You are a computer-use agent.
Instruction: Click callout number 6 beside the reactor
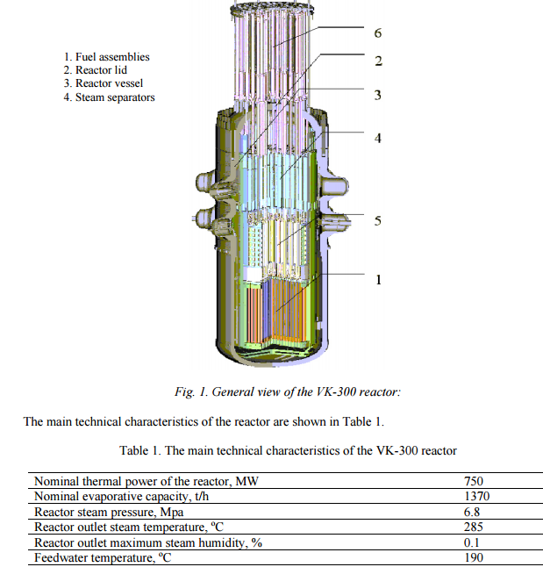pyautogui.click(x=378, y=33)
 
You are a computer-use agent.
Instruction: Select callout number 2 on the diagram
pyautogui.click(x=378, y=61)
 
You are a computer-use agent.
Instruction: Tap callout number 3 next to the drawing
pyautogui.click(x=377, y=95)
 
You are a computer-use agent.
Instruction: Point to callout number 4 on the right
pyautogui.click(x=378, y=138)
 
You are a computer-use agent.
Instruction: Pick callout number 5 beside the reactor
pyautogui.click(x=378, y=220)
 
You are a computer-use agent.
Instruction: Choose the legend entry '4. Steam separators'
pyautogui.click(x=109, y=97)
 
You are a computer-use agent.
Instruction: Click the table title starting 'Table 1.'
pyautogui.click(x=288, y=451)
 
